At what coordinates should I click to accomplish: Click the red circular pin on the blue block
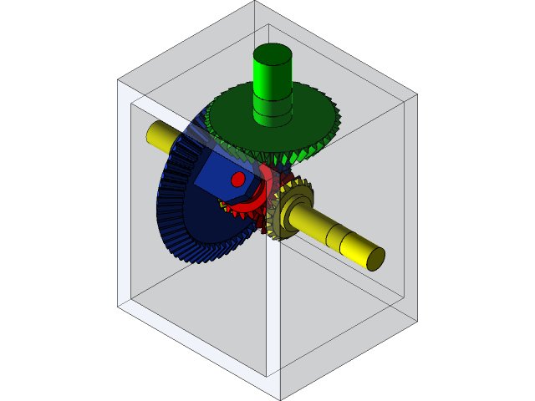tap(237, 179)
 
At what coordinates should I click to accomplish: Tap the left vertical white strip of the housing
tap(124, 200)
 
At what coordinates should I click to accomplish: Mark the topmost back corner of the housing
tap(255, 3)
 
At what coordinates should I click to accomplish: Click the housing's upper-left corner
tap(119, 81)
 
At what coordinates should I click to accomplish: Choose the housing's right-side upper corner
tap(415, 96)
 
